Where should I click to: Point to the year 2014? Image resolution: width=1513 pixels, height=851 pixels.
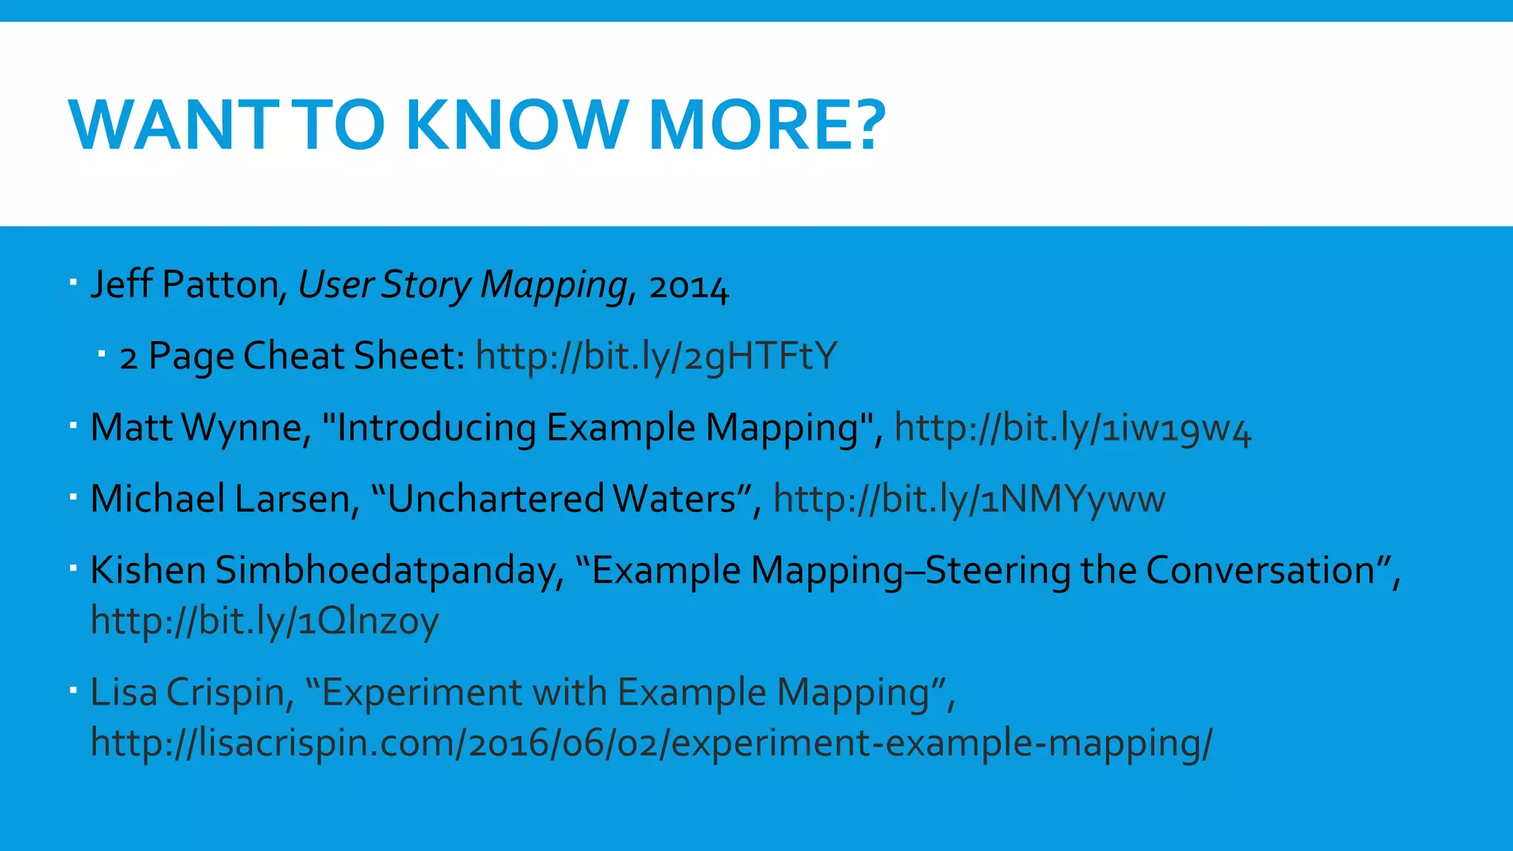click(x=689, y=286)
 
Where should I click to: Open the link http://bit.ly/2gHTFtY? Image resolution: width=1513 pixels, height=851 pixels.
click(x=656, y=356)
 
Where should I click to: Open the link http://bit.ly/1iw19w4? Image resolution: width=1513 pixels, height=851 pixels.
click(x=1073, y=428)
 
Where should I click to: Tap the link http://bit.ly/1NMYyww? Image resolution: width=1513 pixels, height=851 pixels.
click(x=969, y=499)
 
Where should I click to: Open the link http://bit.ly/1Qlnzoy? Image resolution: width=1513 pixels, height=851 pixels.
click(x=264, y=621)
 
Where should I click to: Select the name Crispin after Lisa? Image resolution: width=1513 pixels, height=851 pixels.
click(x=225, y=693)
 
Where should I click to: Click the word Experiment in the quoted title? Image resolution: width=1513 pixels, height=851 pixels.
click(x=421, y=693)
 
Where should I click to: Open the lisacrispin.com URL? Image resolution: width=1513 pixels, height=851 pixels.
click(x=650, y=742)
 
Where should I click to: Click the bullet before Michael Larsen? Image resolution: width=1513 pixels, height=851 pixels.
click(x=73, y=497)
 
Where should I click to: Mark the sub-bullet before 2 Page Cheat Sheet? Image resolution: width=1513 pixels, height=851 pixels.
click(x=102, y=355)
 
